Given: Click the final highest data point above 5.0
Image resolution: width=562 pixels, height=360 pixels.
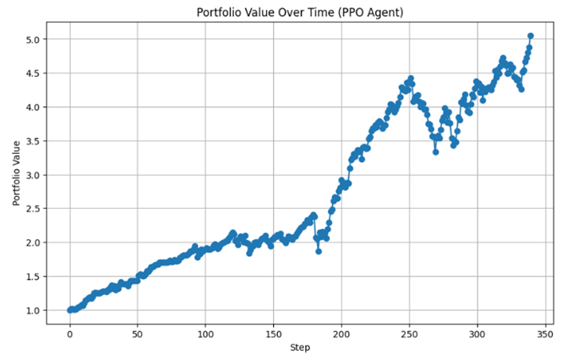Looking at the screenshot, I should click(531, 36).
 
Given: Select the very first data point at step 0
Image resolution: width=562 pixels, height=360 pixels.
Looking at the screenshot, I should click(70, 309).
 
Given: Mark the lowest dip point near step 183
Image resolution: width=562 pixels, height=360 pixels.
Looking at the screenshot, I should click(319, 251).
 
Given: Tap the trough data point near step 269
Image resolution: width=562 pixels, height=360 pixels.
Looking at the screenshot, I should click(435, 151).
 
